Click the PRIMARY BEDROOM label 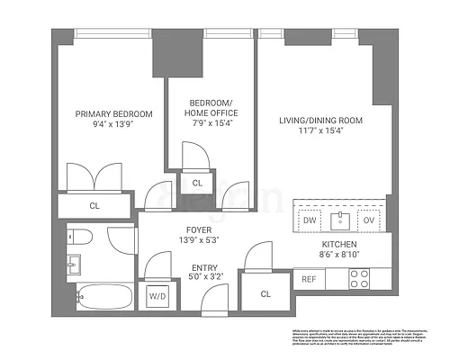click(x=113, y=114)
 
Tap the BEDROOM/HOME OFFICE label click(x=207, y=107)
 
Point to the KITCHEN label click(x=340, y=244)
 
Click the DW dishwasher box click(x=309, y=220)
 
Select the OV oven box click(x=367, y=220)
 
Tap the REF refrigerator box click(x=309, y=279)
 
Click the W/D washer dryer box click(x=157, y=294)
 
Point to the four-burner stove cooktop click(x=360, y=279)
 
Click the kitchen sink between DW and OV click(x=338, y=220)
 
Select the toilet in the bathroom click(x=79, y=239)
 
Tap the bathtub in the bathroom click(x=101, y=294)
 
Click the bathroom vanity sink click(x=75, y=265)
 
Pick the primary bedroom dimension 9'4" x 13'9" click(x=113, y=126)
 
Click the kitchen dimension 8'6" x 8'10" click(x=340, y=256)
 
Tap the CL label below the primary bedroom click(x=94, y=205)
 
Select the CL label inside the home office click(x=197, y=183)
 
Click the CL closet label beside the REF click(x=265, y=293)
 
